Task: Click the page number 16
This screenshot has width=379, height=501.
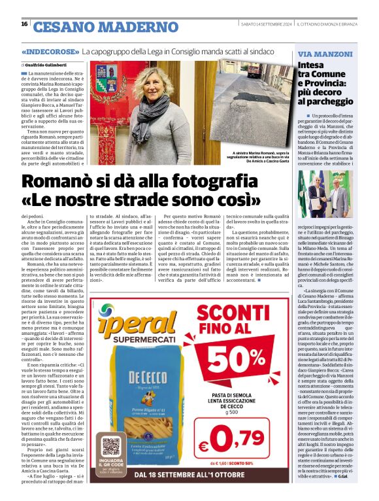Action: [x=24, y=24]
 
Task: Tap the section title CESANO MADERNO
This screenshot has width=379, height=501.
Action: [x=96, y=27]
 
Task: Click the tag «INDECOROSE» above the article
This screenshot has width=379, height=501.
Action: [x=50, y=51]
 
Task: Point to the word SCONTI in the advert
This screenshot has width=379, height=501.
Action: [x=233, y=313]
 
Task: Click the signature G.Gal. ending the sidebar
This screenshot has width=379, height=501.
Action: [x=342, y=475]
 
